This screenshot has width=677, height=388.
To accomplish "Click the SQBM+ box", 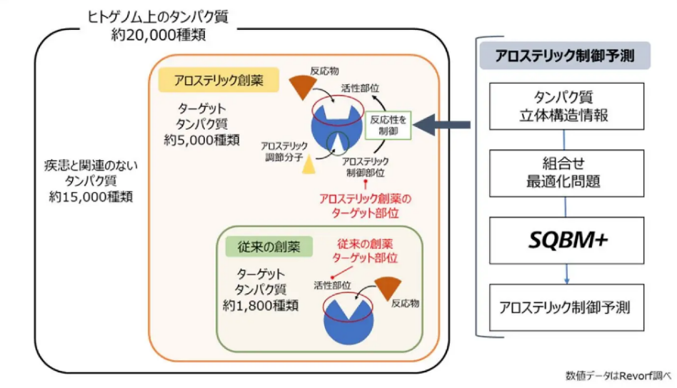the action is point(566,240).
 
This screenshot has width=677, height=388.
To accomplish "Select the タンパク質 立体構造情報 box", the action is point(566,106).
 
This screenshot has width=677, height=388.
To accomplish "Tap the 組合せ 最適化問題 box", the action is point(566,173).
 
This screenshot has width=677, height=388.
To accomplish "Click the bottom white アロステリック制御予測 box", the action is point(566,307).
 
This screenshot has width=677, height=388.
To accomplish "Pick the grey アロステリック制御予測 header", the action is point(565,56).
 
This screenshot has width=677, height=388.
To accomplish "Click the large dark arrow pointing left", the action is point(441,125).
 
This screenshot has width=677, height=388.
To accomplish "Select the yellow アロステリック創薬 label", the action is point(219,80).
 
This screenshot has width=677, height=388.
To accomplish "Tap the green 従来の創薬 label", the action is point(269,247).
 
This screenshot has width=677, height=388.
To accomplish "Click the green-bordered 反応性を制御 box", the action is point(388,126).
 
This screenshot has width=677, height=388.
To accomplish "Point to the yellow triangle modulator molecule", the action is point(309,165).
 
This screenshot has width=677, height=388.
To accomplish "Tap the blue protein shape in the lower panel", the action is point(348,322).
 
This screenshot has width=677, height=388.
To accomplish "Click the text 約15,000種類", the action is point(91,197).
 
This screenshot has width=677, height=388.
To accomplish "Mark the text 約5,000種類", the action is point(201,140).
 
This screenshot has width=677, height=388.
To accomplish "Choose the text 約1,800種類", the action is point(261,306).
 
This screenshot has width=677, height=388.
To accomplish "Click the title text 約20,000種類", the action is point(159,34).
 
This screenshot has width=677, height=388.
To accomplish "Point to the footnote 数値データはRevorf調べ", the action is point(618,376).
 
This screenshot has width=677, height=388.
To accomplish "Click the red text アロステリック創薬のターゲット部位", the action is point(365,206).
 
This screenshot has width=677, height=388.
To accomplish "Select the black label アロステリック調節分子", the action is point(284,152).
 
